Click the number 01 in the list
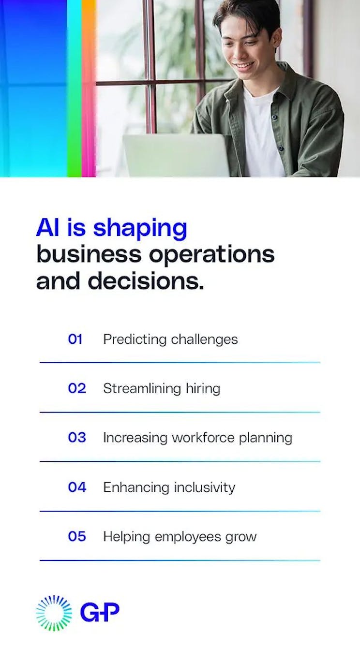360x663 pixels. [x=75, y=339]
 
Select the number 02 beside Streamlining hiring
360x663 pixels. [x=76, y=388]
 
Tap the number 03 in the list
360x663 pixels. [x=76, y=438]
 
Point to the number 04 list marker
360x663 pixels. [x=76, y=487]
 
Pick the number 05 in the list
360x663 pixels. [x=76, y=536]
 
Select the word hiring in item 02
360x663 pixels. [x=203, y=389]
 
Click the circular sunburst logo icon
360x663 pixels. [x=54, y=613]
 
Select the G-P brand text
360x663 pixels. [x=100, y=612]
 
